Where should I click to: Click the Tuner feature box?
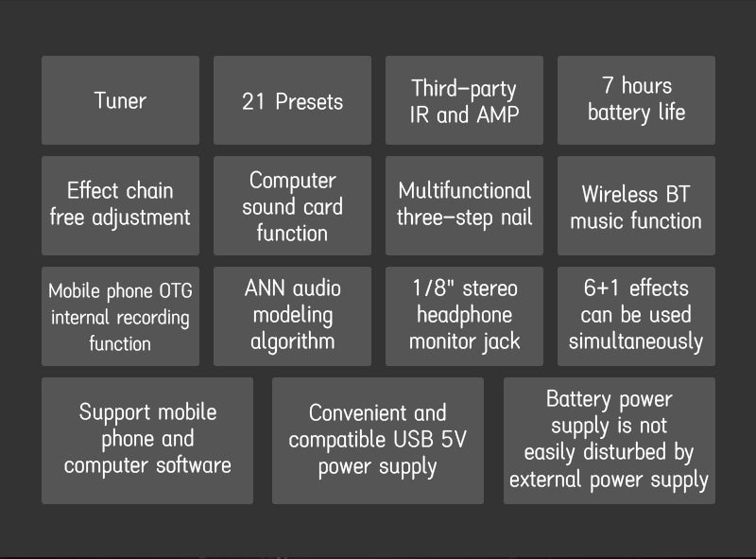coord(120,100)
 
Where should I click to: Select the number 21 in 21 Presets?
coord(253,101)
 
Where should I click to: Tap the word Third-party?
coord(464,89)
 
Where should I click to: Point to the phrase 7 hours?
coord(636,86)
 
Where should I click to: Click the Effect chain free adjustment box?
coord(120,204)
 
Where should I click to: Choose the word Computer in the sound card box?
coord(292,180)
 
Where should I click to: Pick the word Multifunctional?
coord(464,190)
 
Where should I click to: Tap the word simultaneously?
coord(636,341)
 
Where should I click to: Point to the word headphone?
coord(464,315)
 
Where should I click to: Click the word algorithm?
coord(292,341)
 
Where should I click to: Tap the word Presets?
coord(308,101)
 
